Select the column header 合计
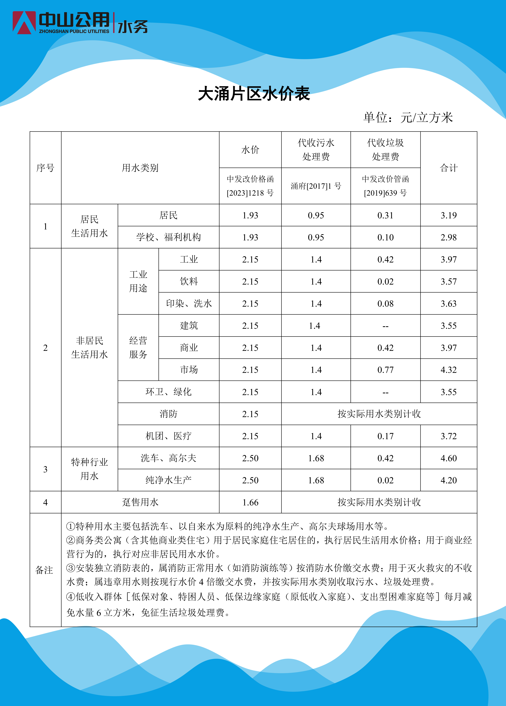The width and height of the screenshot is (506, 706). (x=448, y=168)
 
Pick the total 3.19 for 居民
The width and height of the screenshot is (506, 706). (x=448, y=215)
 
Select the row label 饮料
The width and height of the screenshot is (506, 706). (x=189, y=281)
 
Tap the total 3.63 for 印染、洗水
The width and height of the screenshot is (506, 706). (x=448, y=303)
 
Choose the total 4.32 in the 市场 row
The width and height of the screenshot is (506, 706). (x=448, y=370)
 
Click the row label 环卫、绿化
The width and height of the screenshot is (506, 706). (x=168, y=392)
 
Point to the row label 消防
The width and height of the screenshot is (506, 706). (x=168, y=414)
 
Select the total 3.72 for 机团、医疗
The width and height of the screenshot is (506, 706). (x=448, y=436)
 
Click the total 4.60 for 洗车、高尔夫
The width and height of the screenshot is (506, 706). (x=448, y=458)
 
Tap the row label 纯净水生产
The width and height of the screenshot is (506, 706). (x=168, y=480)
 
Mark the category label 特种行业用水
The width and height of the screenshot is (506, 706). (x=89, y=469)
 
